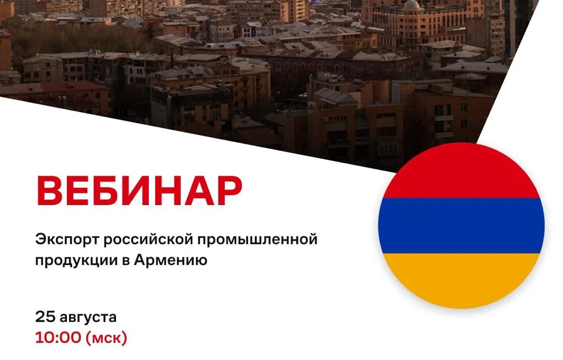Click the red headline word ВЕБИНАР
pyautogui.click(x=140, y=191)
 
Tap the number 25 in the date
pyautogui.click(x=45, y=317)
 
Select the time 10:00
pyautogui.click(x=58, y=338)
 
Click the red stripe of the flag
pyautogui.click(x=461, y=173)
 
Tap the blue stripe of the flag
pyautogui.click(x=462, y=226)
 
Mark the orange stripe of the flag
pyautogui.click(x=461, y=279)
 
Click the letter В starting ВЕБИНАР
pyautogui.click(x=50, y=191)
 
